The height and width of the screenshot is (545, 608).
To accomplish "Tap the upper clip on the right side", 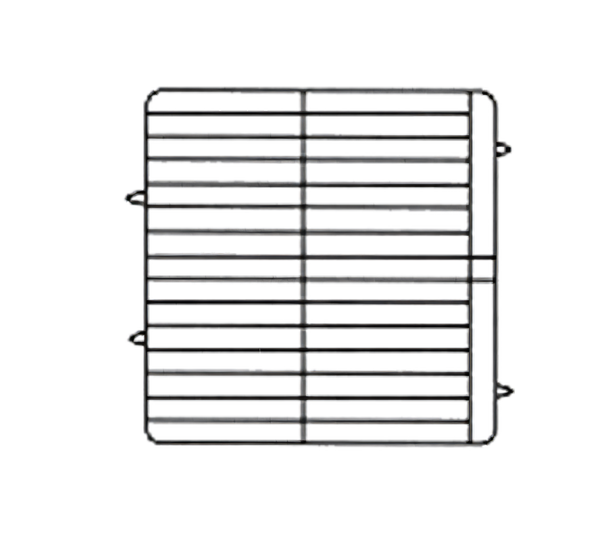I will [505, 148].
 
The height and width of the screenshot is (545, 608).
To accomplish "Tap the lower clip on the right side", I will [506, 391].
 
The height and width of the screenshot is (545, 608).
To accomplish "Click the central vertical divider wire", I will [304, 270].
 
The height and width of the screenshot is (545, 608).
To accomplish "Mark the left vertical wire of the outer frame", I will [143, 270].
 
